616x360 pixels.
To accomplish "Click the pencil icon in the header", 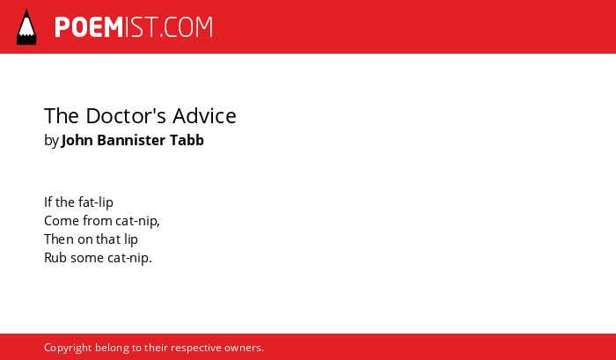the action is coord(26,27).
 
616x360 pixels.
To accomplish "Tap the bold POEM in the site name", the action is coord(89,27).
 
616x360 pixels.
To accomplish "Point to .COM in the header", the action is coord(186,27).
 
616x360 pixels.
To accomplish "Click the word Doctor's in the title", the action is coord(128,116).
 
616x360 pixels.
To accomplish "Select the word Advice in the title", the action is coord(204,116).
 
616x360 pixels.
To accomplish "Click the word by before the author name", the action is coord(51,141).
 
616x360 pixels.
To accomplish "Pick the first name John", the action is coord(77,140).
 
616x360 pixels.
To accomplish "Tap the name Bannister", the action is coord(131,140).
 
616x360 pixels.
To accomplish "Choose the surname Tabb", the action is coord(187,140).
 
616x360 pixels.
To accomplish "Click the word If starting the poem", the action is coord(48,202).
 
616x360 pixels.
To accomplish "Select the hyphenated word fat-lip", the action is coord(96,202).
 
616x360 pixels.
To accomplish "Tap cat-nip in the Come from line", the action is coord(137,222).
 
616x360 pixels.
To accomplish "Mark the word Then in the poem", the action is coord(59,239).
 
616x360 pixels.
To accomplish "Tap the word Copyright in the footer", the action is coord(68,349).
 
